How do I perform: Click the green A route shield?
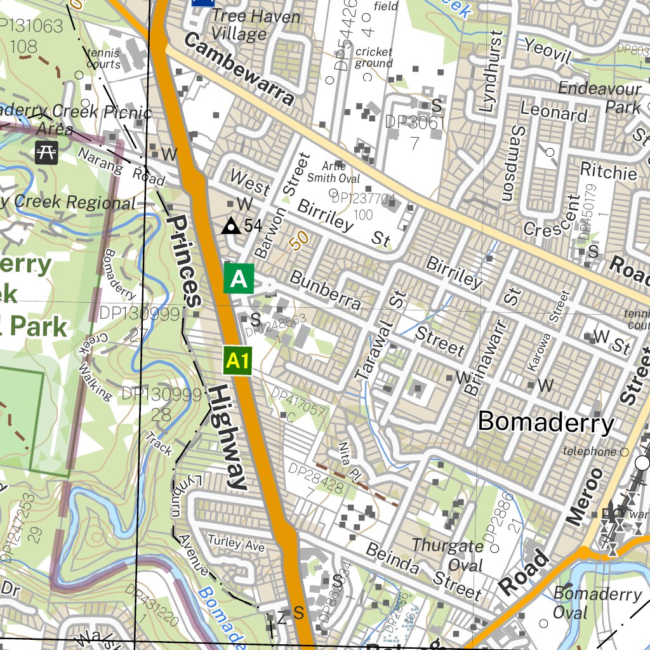click(x=239, y=279)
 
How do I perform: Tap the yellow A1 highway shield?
click(x=237, y=361)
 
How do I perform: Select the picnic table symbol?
click(x=46, y=152)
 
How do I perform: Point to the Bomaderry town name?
click(x=546, y=422)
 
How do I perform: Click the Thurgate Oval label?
click(x=448, y=555)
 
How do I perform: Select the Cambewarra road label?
click(x=240, y=69)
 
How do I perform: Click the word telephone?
click(x=590, y=452)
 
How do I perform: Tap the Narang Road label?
click(x=121, y=165)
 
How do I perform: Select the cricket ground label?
click(x=374, y=58)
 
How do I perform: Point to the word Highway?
click(x=227, y=437)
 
